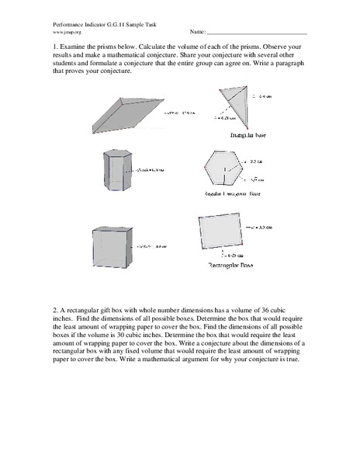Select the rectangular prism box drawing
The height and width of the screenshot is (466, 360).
click(113, 246)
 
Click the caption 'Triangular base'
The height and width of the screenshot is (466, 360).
click(228, 134)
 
